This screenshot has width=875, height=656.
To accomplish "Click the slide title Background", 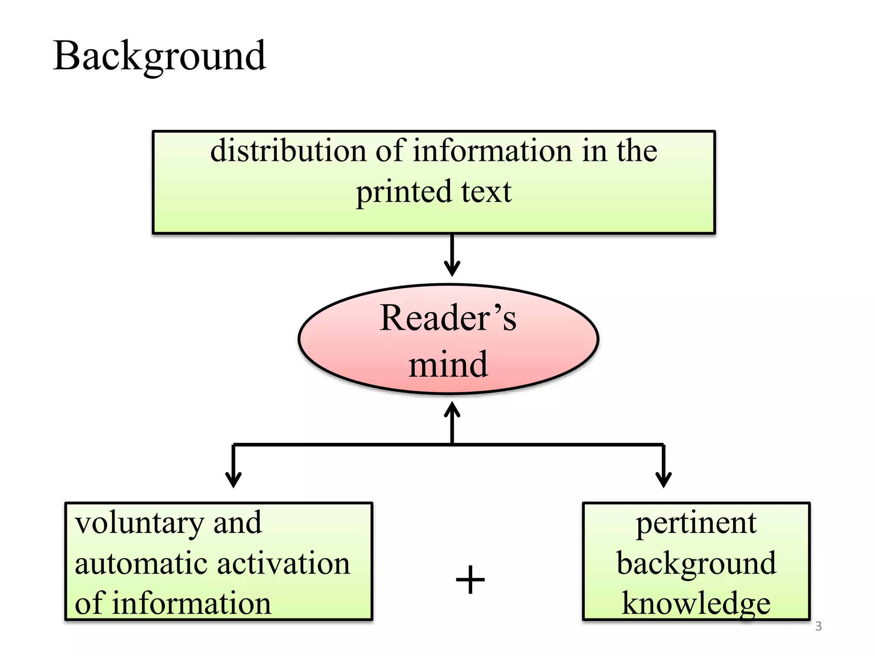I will point(159,57).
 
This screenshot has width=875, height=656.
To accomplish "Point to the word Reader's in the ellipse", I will point(448,318).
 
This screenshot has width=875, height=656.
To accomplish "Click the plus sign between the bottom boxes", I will point(470,580).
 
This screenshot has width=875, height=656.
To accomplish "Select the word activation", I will point(284,564).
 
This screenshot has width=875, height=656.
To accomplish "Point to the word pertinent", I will point(696,524).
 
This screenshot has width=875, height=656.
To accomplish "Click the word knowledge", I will point(696,603).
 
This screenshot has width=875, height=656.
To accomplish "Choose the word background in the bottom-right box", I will point(696,564).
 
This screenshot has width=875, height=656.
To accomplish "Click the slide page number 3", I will point(818,627).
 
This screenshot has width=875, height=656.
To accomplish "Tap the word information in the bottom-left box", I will point(191,603).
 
